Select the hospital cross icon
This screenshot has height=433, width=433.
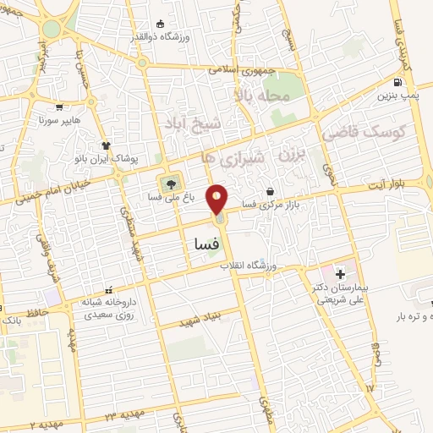pos(340,274)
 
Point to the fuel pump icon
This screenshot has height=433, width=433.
pos(397,83)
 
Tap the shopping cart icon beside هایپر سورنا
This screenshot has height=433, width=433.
pos(59,107)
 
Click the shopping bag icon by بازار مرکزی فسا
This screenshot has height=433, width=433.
pos(270,190)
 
